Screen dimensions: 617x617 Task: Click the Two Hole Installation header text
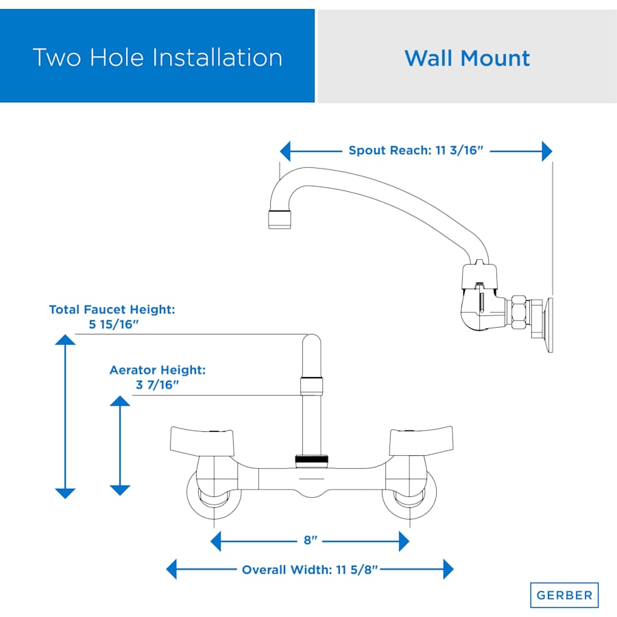point(157,57)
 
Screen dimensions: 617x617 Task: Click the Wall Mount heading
point(467,58)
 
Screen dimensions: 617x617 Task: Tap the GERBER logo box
point(564,595)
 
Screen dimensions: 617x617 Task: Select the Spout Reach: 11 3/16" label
point(416,151)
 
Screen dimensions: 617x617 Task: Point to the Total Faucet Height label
point(112,310)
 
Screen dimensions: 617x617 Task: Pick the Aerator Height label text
point(158,370)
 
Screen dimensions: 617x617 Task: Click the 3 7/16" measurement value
point(157,385)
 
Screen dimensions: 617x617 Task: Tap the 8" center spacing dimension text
point(311,541)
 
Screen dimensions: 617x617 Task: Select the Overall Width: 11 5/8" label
point(310,569)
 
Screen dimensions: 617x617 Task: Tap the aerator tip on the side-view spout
point(279,220)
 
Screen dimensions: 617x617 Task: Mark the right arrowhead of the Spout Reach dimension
point(547,151)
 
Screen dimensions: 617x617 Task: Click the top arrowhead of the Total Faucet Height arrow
point(65,340)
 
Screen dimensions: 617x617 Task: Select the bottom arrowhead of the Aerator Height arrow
point(120,490)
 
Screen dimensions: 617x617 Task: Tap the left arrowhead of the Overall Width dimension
point(172,569)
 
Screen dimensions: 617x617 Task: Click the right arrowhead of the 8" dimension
point(404,542)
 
